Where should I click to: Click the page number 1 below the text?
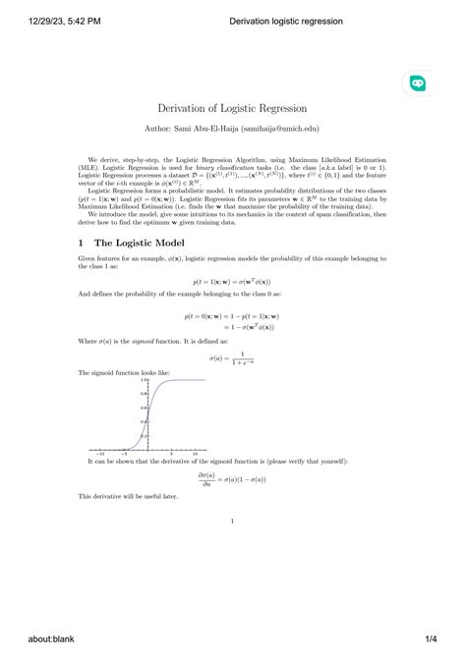232,522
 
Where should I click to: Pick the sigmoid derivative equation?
232,479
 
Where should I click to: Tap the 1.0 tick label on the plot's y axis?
145,380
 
